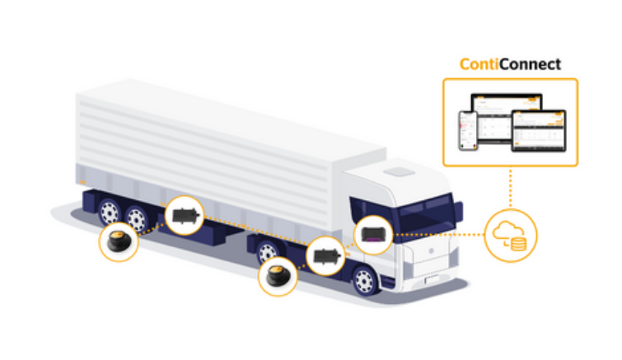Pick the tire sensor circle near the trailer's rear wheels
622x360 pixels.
tap(118, 243)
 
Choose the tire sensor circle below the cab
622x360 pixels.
tap(278, 278)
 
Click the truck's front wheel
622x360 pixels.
tap(363, 281)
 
